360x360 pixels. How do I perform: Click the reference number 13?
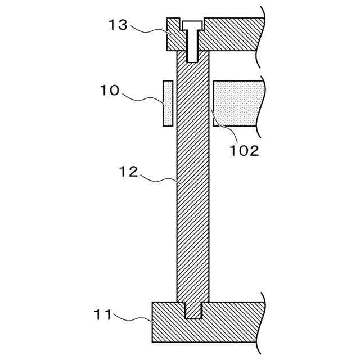pos(118,25)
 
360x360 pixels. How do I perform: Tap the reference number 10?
pos(110,90)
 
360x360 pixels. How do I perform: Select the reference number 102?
pos(244,151)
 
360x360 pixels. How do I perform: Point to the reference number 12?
pos(129,172)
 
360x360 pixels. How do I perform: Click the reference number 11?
pos(102,315)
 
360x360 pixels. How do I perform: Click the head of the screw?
pos(192,25)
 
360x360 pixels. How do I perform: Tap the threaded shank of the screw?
pos(192,46)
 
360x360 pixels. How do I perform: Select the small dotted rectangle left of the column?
pos(168,103)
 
